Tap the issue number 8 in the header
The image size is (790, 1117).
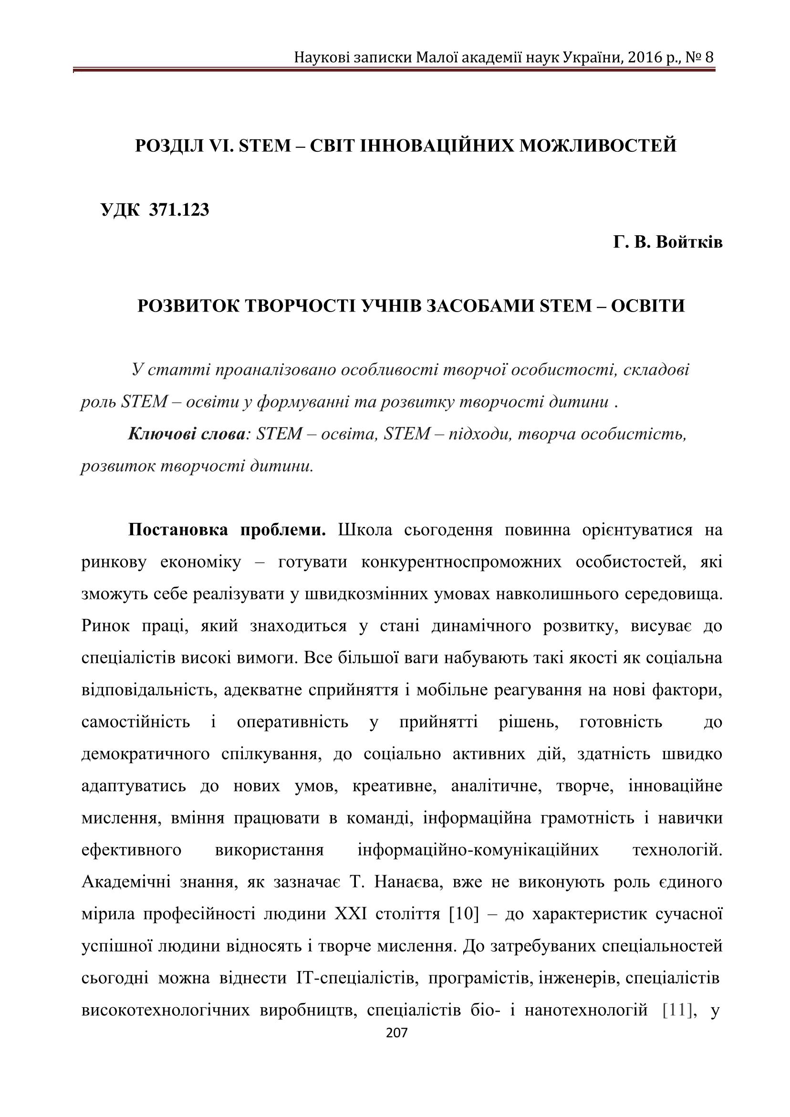[709, 58]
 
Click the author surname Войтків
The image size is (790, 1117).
[689, 242]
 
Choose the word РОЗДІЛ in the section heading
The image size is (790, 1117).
[169, 146]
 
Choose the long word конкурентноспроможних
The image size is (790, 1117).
[461, 563]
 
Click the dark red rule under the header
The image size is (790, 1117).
[394, 71]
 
